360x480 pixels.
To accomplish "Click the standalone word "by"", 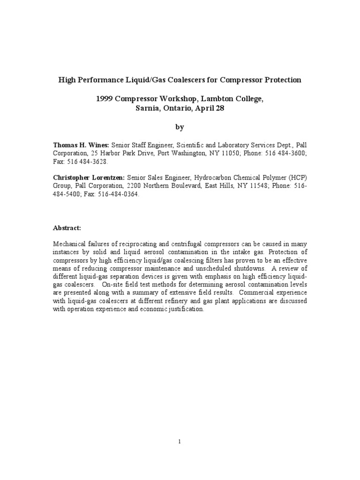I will click(x=180, y=127).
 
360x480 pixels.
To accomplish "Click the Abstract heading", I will click(x=67, y=227).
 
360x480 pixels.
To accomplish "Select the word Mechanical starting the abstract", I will click(x=70, y=244).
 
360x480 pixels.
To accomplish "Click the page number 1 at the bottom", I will click(x=180, y=441).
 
